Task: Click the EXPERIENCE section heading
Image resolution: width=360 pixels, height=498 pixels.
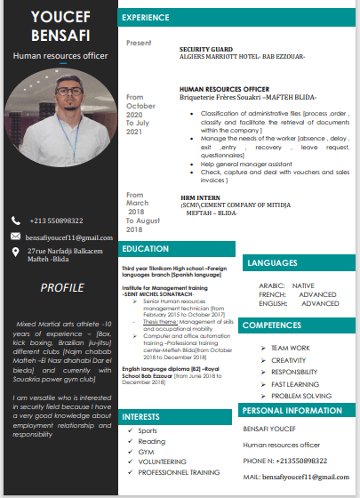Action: coord(147,17)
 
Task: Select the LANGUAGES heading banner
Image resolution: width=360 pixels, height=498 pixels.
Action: coord(273,263)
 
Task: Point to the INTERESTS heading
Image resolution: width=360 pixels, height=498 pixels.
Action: coord(141,416)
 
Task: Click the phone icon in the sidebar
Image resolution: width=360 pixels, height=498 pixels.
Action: coord(15,221)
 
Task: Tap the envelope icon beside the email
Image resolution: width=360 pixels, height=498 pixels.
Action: coord(15,237)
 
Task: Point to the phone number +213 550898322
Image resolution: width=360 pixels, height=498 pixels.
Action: coord(56,221)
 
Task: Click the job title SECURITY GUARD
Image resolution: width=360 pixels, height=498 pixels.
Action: coord(205,49)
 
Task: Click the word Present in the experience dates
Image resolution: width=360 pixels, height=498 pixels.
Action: coord(139,43)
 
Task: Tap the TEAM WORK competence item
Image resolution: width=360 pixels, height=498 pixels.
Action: coord(291,348)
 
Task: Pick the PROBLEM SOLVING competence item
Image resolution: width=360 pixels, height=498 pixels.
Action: coord(301,395)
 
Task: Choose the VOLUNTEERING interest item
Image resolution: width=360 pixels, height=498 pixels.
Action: coord(163,462)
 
